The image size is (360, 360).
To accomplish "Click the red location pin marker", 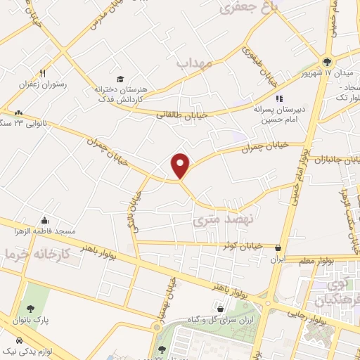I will [x=181, y=165].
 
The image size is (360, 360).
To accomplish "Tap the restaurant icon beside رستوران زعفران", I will [x=43, y=73].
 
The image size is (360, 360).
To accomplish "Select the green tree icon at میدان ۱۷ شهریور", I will [x=326, y=61].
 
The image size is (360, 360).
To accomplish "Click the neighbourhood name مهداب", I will [x=194, y=63].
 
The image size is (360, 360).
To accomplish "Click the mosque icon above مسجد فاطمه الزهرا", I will [x=45, y=219].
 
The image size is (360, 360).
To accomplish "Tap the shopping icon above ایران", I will [x=280, y=247].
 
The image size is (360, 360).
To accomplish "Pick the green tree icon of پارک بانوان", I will [x=30, y=309].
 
